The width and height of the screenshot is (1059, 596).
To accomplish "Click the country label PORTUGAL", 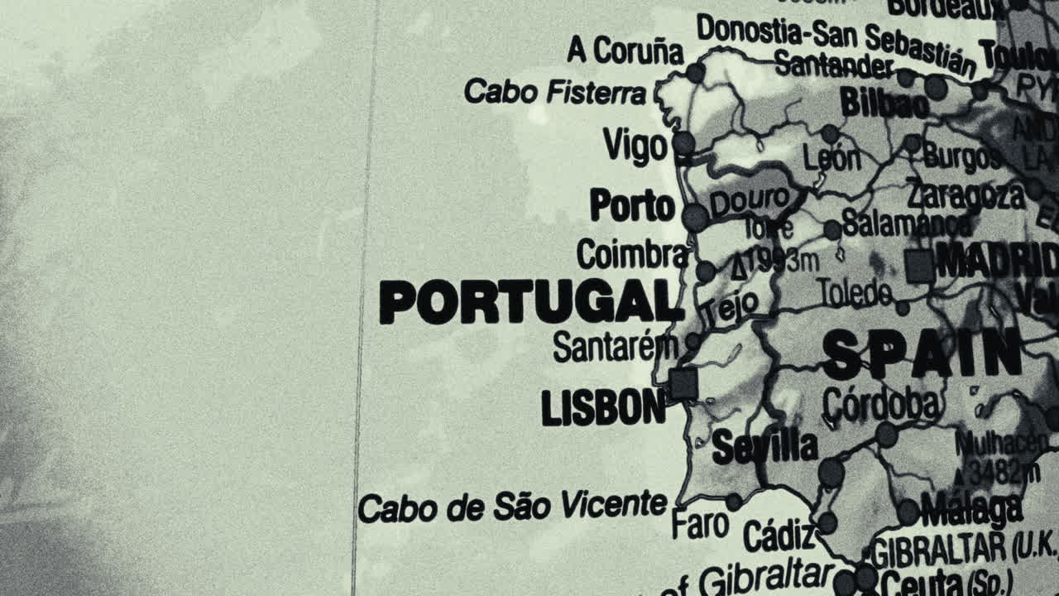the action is (x=529, y=302).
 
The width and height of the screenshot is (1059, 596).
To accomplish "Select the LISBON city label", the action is (x=603, y=407).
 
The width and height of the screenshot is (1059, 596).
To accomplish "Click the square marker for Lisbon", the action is (x=683, y=384).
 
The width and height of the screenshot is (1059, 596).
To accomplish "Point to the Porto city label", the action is (x=633, y=205).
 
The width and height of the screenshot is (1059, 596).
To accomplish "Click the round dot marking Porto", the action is (x=695, y=218).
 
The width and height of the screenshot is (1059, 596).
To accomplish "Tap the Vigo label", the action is (x=635, y=147).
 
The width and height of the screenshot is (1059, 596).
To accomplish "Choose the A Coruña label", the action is (x=625, y=50).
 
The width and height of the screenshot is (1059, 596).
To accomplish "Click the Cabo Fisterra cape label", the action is (x=554, y=92).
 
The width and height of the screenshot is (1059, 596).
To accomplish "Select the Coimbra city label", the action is (x=632, y=254).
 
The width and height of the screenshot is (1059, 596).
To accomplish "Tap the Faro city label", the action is (x=700, y=524).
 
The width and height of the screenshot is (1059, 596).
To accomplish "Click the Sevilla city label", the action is (x=764, y=447).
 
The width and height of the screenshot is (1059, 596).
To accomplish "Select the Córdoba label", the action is (x=881, y=405).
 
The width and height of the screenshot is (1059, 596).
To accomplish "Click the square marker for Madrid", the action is (x=919, y=266).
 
